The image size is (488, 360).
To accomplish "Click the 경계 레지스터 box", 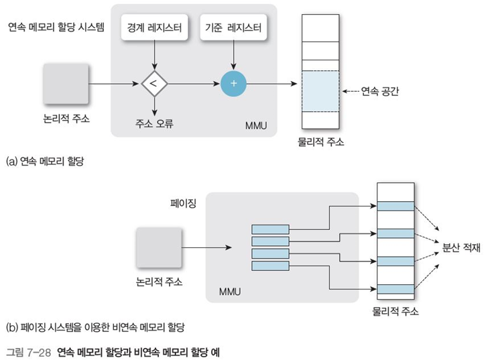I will coord(155,29).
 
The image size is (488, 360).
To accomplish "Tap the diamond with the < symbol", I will coord(155,84).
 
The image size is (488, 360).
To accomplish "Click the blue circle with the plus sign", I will coord(234,84).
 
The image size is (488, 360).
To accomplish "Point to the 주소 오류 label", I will coord(155,124).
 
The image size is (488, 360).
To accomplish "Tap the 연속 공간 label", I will coord(380,92).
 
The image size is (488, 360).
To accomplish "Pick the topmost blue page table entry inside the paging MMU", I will coord(270,229).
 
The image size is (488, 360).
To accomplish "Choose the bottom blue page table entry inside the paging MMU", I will coord(270,266).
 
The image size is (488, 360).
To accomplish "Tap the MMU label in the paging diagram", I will coord(230,292).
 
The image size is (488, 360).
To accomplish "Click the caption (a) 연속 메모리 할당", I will coord(46,161).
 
